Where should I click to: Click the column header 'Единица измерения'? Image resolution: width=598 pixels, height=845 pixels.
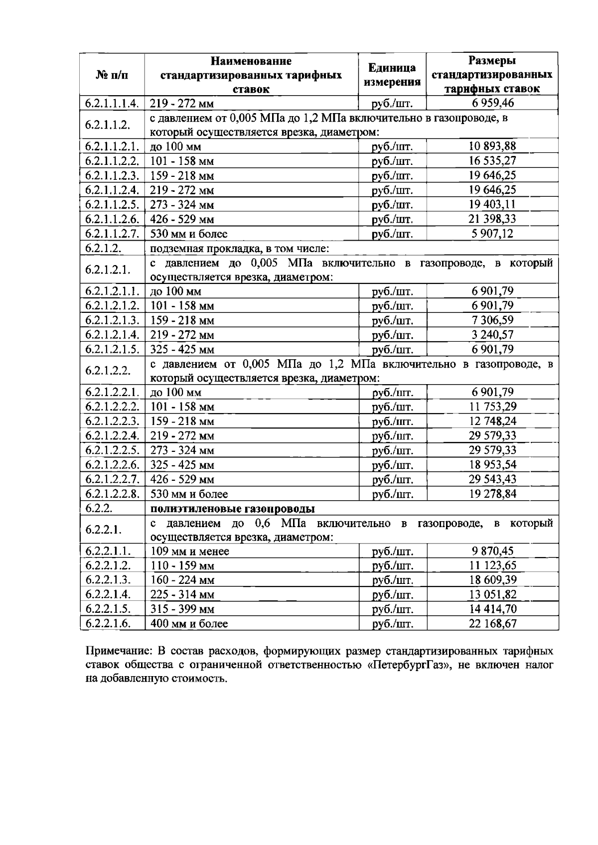[392, 75]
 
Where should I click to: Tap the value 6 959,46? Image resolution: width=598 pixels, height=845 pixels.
[492, 103]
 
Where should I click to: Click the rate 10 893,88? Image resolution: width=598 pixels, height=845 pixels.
[492, 146]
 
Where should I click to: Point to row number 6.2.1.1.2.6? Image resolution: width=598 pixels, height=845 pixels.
[112, 219]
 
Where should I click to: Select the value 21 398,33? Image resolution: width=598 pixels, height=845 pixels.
[492, 219]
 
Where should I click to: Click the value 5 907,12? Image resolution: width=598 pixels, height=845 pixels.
[492, 233]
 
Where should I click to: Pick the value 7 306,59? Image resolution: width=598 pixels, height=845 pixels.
[492, 320]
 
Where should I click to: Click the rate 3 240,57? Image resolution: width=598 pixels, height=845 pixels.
[492, 334]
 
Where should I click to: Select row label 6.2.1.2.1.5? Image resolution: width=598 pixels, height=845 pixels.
[112, 349]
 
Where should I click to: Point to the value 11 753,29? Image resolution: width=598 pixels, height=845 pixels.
[492, 407]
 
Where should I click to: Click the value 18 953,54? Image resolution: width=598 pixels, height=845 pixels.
[492, 464]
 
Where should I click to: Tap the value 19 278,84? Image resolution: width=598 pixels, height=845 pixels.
[492, 494]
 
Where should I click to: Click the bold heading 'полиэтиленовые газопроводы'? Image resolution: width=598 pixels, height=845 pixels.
[233, 509]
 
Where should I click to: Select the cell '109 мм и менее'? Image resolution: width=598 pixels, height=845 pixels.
[190, 552]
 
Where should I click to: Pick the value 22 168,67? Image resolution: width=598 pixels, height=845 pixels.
[492, 623]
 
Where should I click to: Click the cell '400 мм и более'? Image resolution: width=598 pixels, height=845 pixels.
[189, 624]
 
